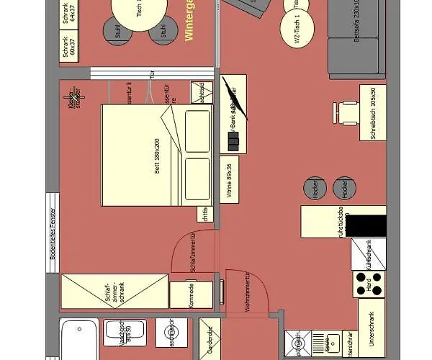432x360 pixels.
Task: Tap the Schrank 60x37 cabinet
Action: pyautogui.click(x=68, y=51)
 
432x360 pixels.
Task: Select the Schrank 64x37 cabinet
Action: pyautogui.click(x=68, y=15)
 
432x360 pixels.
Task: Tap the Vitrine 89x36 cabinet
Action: pyautogui.click(x=230, y=179)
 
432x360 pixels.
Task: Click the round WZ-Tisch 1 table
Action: pyautogui.click(x=297, y=30)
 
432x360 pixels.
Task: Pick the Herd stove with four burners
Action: pyautogui.click(x=368, y=284)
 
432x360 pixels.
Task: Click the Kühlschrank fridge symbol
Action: pyautogui.click(x=368, y=253)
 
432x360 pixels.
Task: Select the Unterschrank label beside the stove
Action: pyautogui.click(x=372, y=324)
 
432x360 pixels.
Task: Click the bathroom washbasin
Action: pyautogui.click(x=125, y=333)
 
